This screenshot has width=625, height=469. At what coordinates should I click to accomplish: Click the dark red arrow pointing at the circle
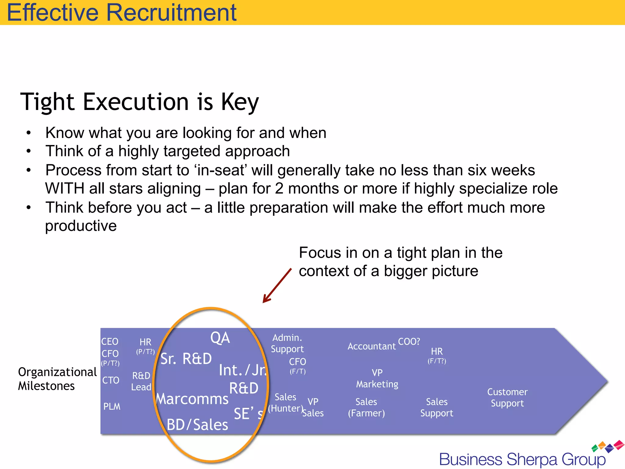[x=277, y=285]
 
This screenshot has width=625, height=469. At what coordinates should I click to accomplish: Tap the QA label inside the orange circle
[x=220, y=338]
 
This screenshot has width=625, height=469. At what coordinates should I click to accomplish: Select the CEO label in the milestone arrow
[x=110, y=341]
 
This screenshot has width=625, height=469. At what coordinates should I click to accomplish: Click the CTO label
[x=110, y=380]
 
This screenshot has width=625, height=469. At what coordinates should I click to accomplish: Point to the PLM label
[x=112, y=406]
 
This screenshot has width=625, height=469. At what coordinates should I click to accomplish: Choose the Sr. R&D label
[x=186, y=359]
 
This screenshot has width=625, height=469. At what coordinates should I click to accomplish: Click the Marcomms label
[x=192, y=399]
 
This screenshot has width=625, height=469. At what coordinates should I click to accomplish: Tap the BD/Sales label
[x=197, y=425]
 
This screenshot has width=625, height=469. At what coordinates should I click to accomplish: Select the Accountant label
[x=371, y=346]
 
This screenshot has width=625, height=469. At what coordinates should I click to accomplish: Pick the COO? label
[x=409, y=341]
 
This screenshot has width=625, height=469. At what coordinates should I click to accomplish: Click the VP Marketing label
[x=377, y=378]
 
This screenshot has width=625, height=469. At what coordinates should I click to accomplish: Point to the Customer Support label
[x=507, y=398]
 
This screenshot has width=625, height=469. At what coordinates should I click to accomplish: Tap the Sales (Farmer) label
[x=366, y=407]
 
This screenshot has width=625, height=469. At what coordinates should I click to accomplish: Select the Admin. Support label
[x=287, y=343]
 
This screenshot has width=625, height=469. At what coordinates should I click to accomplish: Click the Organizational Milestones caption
[x=57, y=379]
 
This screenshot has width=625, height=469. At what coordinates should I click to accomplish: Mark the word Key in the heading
[x=240, y=102]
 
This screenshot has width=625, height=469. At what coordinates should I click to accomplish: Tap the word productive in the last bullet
[x=81, y=226]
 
